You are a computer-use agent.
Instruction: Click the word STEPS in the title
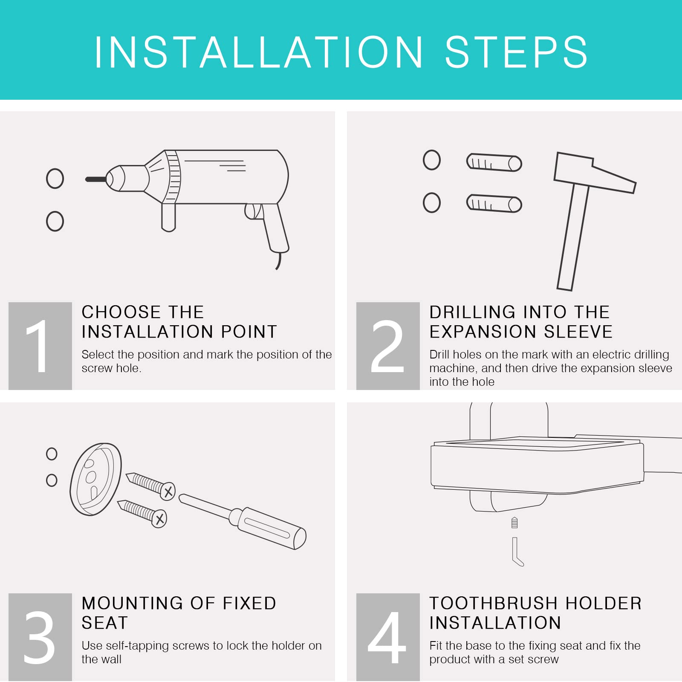(516, 52)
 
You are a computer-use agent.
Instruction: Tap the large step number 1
(38, 346)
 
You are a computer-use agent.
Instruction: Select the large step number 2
(387, 346)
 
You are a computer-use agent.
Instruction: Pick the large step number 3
(39, 637)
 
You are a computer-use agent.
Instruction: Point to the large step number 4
(387, 637)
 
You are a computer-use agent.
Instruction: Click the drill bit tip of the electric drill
(87, 179)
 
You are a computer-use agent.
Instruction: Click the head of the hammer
(595, 173)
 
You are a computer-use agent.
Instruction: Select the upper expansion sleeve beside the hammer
(494, 162)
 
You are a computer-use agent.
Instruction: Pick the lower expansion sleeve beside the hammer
(494, 203)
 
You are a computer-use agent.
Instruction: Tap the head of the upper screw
(168, 491)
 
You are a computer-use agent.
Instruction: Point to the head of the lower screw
(159, 519)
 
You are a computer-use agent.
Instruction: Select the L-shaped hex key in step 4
(516, 552)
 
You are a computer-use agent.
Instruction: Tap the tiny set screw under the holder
(514, 523)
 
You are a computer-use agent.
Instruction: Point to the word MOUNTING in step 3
(133, 603)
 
